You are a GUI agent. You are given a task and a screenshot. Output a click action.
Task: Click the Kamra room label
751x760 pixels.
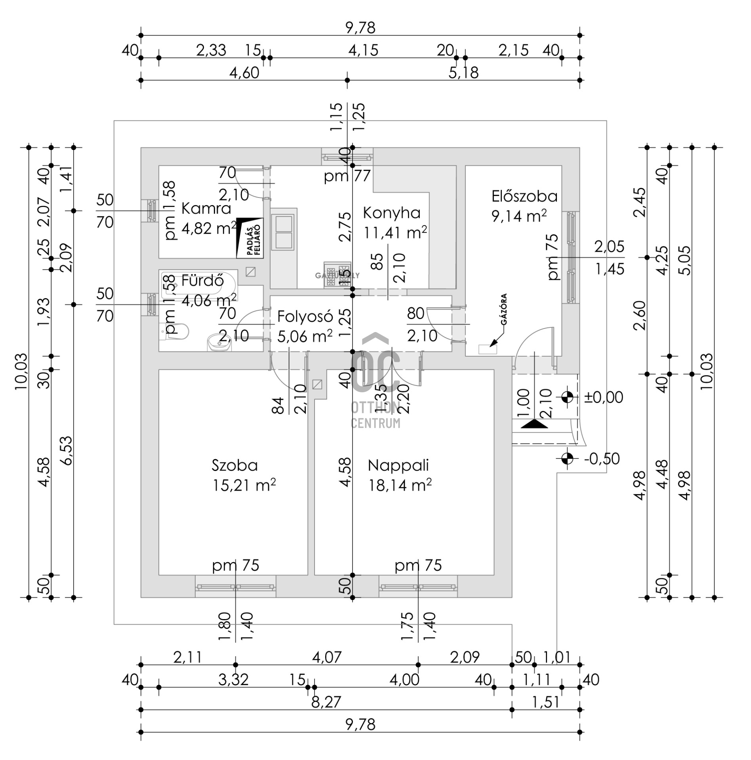pyautogui.click(x=206, y=209)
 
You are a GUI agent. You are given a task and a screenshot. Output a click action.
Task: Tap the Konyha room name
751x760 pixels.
pyautogui.click(x=391, y=213)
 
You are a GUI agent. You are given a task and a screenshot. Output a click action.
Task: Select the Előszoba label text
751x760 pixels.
pyautogui.click(x=524, y=196)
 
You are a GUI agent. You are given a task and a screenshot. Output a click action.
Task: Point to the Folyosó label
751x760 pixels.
pyautogui.click(x=305, y=317)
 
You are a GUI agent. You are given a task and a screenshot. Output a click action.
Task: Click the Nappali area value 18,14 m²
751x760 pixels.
pyautogui.click(x=400, y=485)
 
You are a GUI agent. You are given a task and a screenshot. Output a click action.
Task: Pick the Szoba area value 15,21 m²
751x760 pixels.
pyautogui.click(x=244, y=485)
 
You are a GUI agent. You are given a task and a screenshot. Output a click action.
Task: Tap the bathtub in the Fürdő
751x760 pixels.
pyautogui.click(x=198, y=282)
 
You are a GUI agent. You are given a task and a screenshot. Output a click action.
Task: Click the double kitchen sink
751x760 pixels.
pyautogui.click(x=283, y=232)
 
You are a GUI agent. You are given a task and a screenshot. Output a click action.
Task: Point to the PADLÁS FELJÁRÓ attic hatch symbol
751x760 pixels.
pyautogui.click(x=250, y=238)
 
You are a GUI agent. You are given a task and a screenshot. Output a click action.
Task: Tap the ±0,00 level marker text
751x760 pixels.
pyautogui.click(x=603, y=397)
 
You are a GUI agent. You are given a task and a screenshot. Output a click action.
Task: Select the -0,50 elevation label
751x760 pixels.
pyautogui.click(x=602, y=459)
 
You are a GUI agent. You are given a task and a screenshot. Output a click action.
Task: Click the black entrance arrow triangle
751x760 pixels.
pyautogui.click(x=534, y=424)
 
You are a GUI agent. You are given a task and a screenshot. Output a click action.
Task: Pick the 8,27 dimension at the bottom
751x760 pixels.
pyautogui.click(x=326, y=703)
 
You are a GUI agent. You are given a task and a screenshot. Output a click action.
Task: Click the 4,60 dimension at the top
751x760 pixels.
pyautogui.click(x=244, y=73)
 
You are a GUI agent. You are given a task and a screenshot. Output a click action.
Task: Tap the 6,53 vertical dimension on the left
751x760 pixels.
pyautogui.click(x=67, y=450)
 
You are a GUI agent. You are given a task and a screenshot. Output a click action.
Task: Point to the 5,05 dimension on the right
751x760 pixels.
pyautogui.click(x=686, y=260)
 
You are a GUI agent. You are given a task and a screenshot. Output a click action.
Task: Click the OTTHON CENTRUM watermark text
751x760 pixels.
pyautogui.click(x=375, y=415)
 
